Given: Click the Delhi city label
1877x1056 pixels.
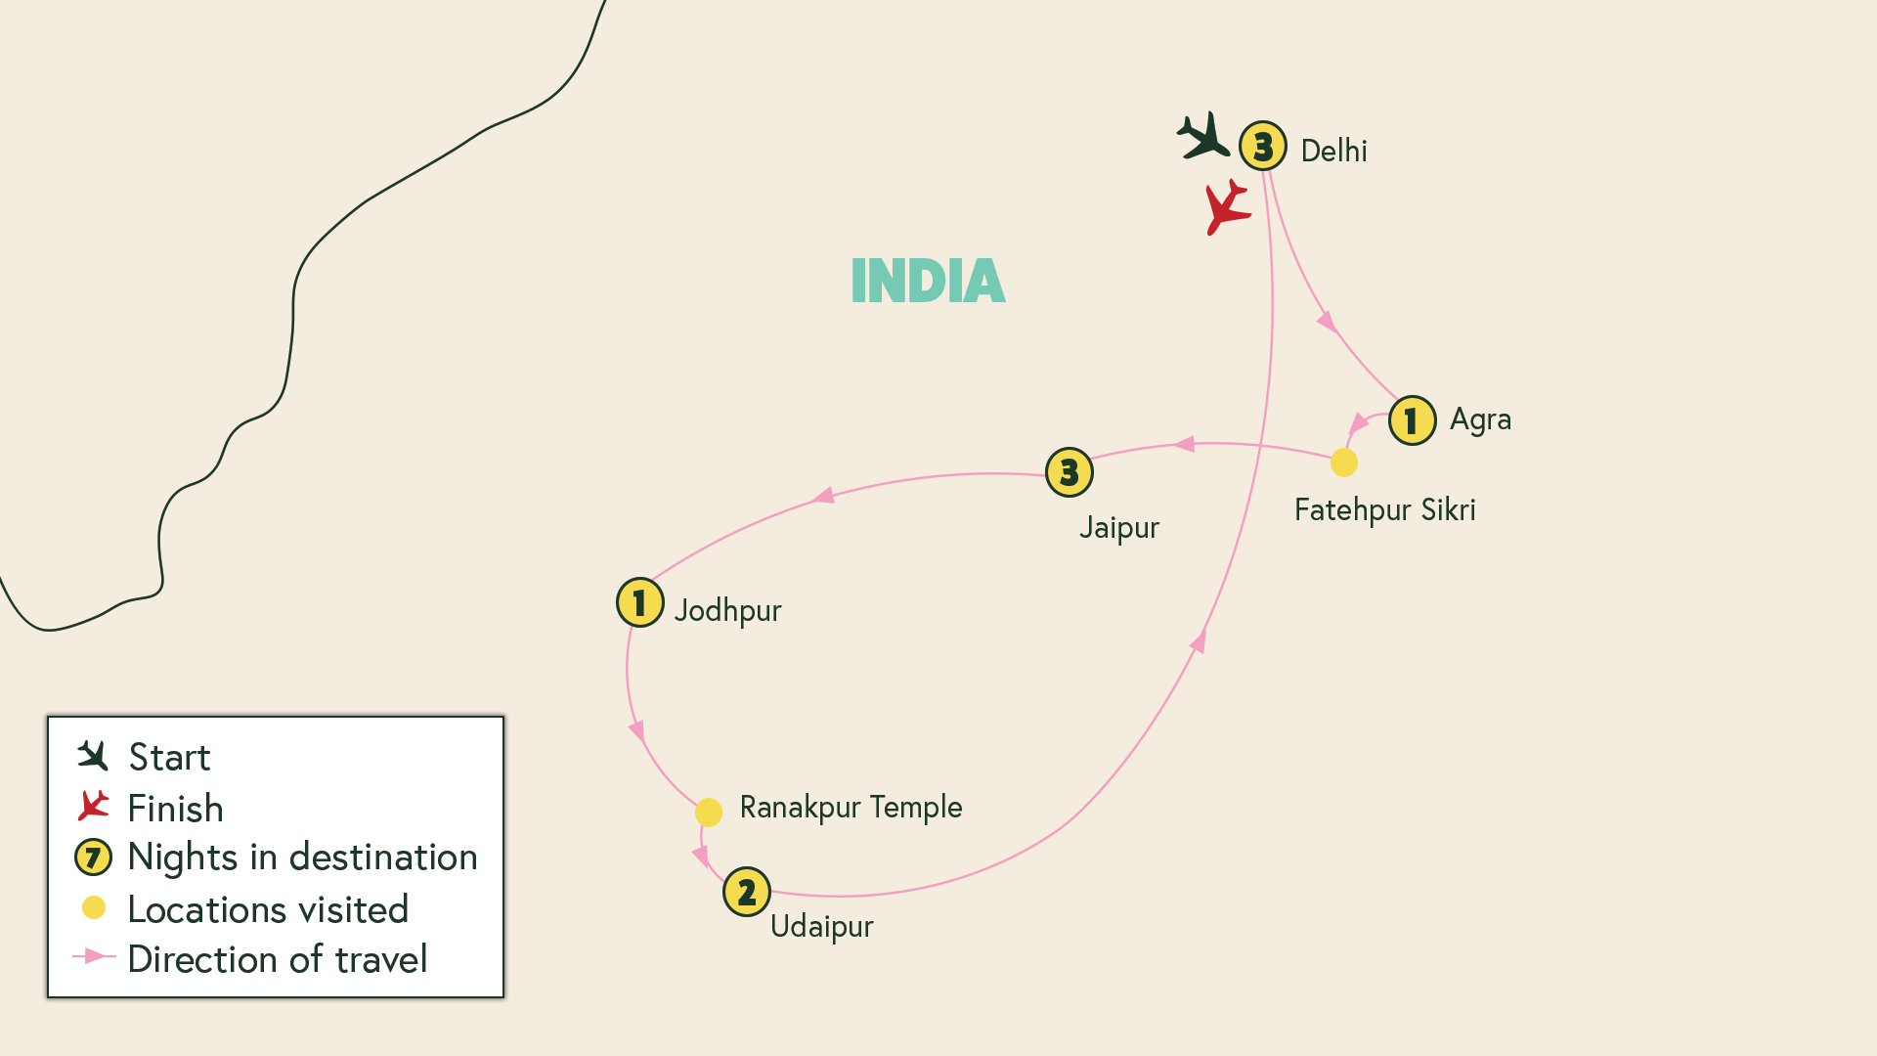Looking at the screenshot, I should [1333, 151].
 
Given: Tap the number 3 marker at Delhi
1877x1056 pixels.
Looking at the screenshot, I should [1263, 147].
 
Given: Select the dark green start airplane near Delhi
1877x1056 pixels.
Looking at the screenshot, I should [1202, 136].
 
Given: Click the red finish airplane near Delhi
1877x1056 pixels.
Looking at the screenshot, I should [1226, 206].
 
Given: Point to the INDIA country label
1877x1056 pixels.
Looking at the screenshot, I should [928, 282].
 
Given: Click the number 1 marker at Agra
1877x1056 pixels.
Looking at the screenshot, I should [1412, 420].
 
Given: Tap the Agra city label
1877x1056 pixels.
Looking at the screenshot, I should [1480, 419].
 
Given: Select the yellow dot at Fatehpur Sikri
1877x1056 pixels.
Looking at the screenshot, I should [1344, 462].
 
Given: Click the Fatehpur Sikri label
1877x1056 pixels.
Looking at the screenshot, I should [1384, 509].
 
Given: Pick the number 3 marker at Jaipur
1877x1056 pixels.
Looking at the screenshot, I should [1069, 473].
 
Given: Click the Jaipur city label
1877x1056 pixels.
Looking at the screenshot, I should [1119, 528].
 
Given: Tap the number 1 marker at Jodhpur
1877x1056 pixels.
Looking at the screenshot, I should [640, 602].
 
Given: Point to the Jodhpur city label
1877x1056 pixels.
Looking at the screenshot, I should [727, 611].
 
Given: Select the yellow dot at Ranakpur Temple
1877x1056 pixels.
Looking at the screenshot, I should [709, 812].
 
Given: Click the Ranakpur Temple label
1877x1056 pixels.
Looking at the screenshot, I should [851, 808].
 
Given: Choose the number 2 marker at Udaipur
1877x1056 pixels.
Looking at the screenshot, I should [747, 892].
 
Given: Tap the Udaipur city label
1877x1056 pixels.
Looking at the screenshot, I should [821, 926].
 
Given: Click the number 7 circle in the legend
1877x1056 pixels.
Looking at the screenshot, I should [93, 858].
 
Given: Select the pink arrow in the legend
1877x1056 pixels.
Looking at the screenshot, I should [94, 956].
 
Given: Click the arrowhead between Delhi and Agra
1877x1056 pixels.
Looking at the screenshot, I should [1327, 322].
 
